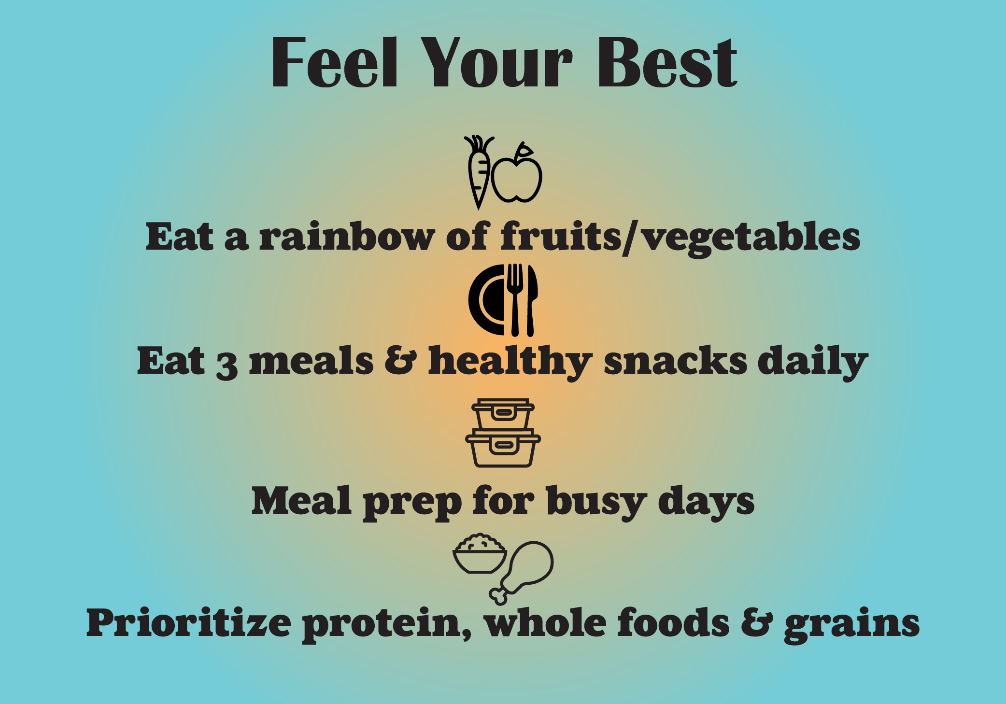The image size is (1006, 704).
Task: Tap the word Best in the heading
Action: tap(667, 63)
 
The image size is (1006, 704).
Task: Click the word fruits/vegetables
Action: tap(680, 238)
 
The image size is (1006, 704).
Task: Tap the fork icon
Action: tap(515, 299)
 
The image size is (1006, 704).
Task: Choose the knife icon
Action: tap(531, 299)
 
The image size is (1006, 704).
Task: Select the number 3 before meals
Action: tap(227, 365)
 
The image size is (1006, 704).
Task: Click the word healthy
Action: tap(510, 362)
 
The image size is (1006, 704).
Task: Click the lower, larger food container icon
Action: tap(503, 449)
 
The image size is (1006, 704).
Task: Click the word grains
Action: tap(851, 625)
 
